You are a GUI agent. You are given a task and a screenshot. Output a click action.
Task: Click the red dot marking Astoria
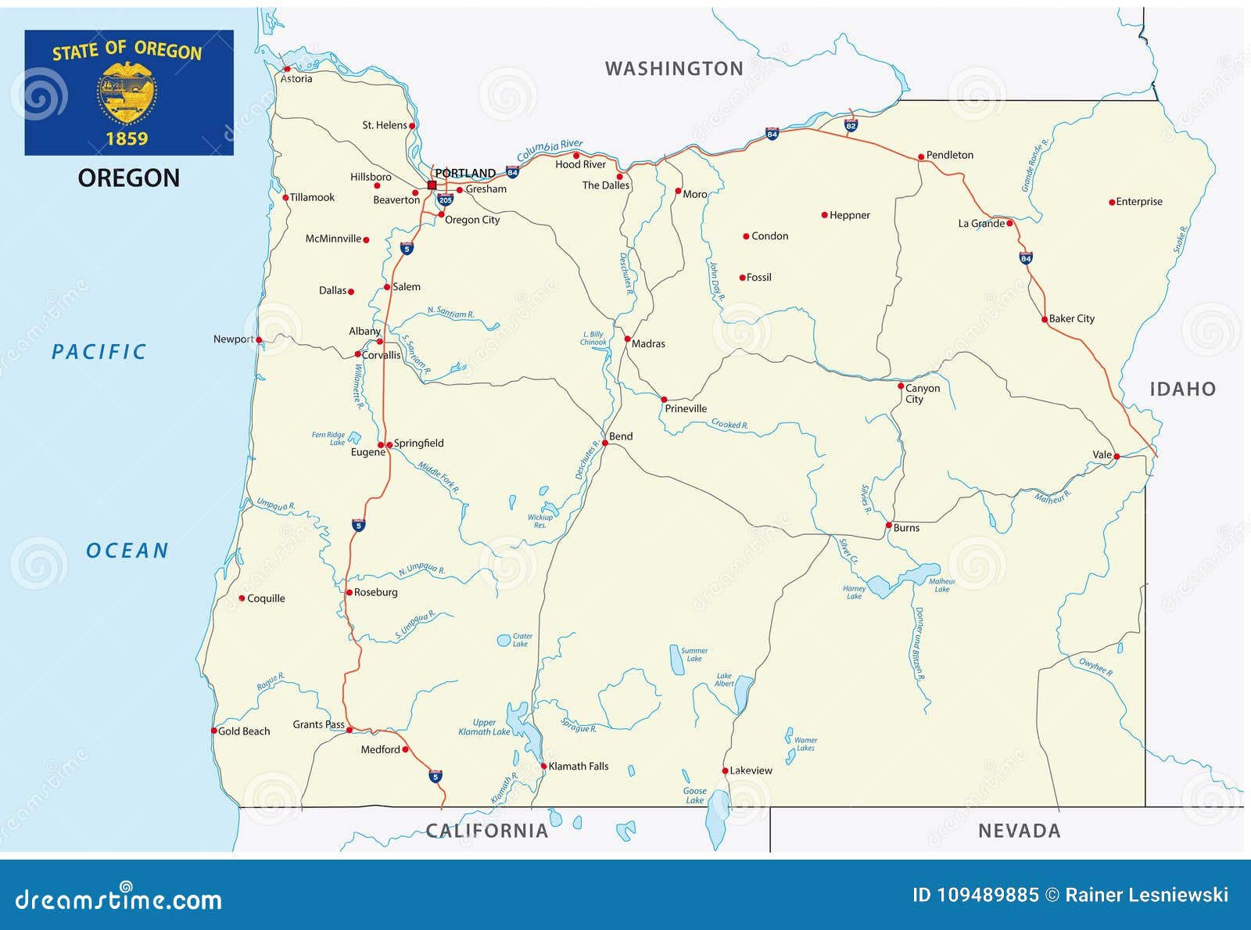tap(287, 69)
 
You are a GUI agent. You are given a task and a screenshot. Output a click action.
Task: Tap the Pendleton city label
tap(949, 155)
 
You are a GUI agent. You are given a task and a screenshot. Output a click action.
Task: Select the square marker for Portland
tap(432, 185)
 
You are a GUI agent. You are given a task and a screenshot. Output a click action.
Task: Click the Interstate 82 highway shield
tap(851, 125)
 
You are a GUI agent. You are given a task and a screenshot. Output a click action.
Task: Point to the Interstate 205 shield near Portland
tap(445, 199)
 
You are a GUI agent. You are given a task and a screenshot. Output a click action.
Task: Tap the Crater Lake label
tap(522, 640)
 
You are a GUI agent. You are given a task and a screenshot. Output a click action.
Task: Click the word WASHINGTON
tap(674, 69)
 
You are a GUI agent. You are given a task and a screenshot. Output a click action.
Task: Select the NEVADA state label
tap(1019, 831)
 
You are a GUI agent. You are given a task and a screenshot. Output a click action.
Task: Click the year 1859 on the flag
tap(127, 138)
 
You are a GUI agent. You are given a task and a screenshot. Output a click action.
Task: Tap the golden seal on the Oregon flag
tap(127, 92)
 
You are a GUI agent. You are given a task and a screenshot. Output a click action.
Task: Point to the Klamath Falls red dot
tap(543, 767)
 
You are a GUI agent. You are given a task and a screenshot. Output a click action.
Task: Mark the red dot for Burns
tap(888, 526)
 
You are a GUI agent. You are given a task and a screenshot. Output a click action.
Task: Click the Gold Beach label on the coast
tap(243, 731)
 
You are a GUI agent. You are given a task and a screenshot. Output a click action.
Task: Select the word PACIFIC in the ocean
tap(99, 352)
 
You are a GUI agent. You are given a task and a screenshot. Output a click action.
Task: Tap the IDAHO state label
tap(1182, 389)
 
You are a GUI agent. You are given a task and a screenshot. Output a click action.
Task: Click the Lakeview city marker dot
tap(725, 771)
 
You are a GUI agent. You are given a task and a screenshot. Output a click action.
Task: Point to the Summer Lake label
tap(694, 655)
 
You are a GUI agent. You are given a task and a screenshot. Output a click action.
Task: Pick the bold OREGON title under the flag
tap(128, 178)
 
